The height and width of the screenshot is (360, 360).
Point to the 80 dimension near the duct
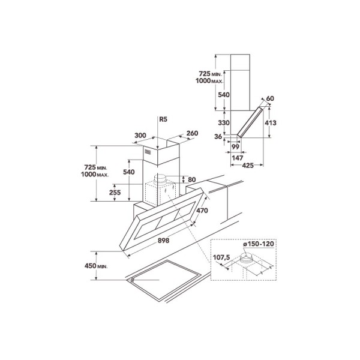click(x=192, y=179)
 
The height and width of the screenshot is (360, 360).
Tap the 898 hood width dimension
click(x=163, y=241)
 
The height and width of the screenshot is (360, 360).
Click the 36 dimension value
click(x=218, y=137)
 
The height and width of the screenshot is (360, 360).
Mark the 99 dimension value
click(x=235, y=146)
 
